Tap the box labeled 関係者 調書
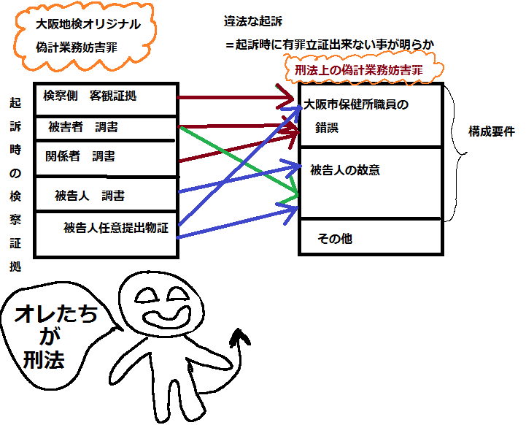point(81,157)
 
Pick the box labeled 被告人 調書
point(89,196)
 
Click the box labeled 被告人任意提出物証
point(116,228)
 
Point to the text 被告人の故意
point(344,171)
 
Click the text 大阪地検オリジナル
point(88,24)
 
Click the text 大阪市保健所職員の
point(355,104)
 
